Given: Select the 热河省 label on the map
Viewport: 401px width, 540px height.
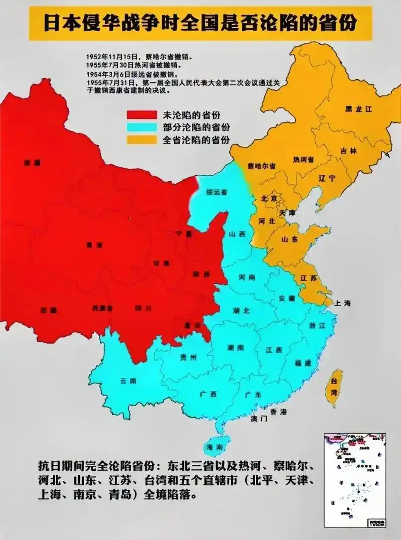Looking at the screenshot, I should [x=303, y=160].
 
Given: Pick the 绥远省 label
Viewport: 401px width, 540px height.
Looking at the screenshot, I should [x=217, y=192].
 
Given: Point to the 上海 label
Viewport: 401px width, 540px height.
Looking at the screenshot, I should [x=344, y=303].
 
